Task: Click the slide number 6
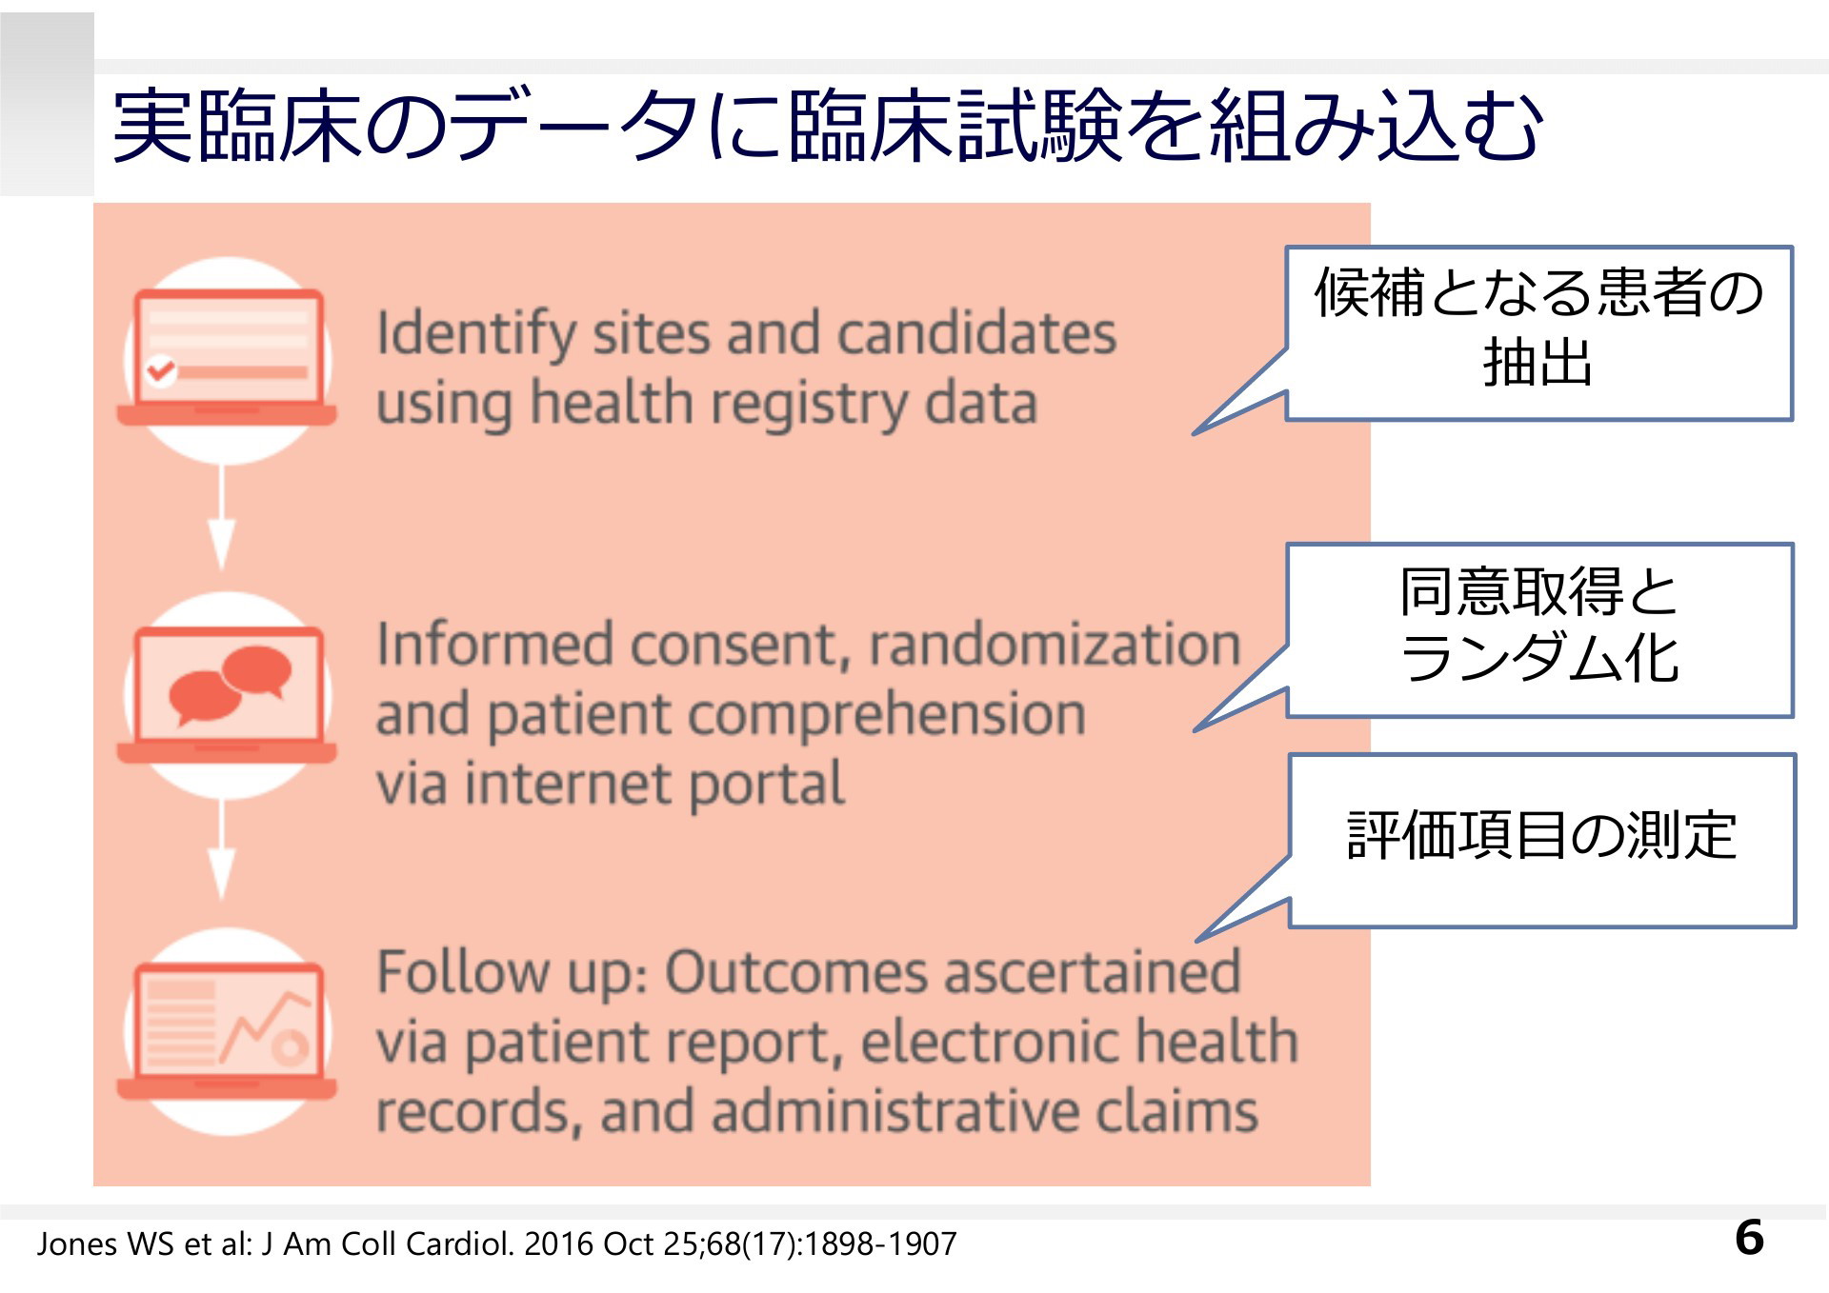click(x=1749, y=1238)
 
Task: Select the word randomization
click(x=1055, y=645)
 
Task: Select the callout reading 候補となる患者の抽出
click(x=1538, y=333)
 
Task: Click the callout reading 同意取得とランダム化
click(x=1538, y=629)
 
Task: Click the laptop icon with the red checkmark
click(x=227, y=357)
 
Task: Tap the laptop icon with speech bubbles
click(x=227, y=694)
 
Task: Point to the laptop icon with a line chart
click(x=227, y=1031)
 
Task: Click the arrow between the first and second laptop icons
click(x=222, y=518)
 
